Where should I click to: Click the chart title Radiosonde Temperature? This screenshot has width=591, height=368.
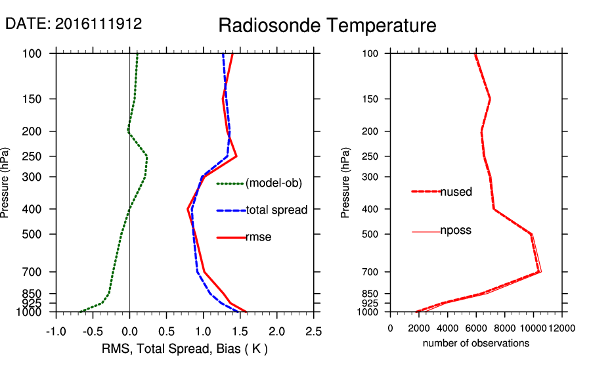tap(327, 26)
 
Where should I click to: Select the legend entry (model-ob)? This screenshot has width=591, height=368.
tap(274, 183)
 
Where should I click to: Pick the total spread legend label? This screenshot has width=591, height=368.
tap(276, 210)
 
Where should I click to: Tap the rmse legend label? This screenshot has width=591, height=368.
tap(259, 237)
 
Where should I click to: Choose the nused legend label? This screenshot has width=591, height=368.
tap(456, 191)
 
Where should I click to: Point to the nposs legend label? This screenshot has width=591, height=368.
tap(456, 231)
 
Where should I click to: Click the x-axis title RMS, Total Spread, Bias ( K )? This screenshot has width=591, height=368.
tap(184, 348)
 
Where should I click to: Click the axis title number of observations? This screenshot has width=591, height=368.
tap(476, 343)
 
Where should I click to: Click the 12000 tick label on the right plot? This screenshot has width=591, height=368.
tap(561, 328)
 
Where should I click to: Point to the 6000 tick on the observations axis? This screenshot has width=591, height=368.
tap(476, 328)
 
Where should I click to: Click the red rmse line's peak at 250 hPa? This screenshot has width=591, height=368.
tap(236, 156)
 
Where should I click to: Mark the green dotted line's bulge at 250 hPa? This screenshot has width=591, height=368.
tap(146, 156)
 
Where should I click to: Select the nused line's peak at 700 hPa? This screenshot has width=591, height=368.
tap(539, 271)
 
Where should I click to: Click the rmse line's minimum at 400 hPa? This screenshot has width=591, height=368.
tap(188, 209)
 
